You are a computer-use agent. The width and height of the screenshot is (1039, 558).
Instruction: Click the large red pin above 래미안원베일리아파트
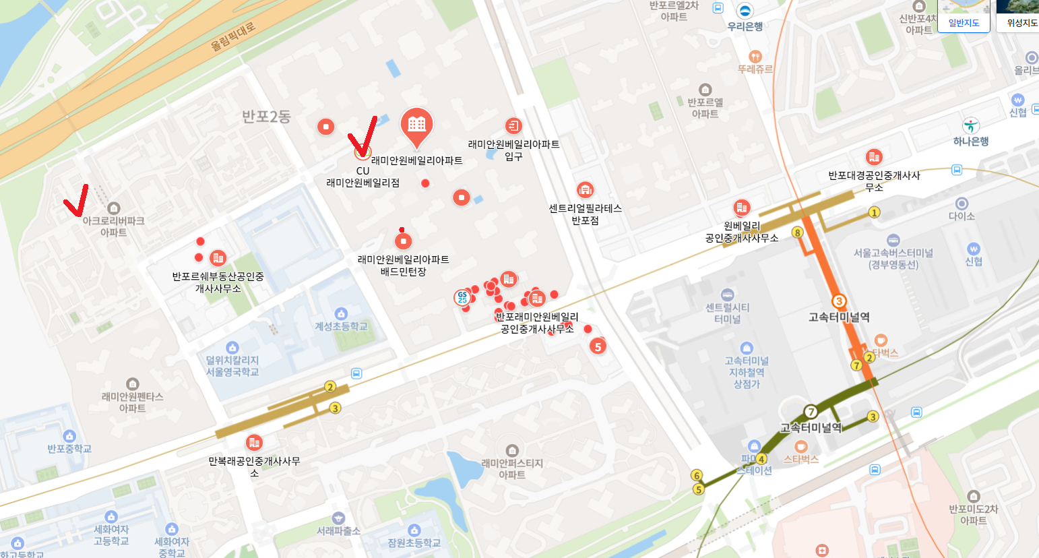click(416, 125)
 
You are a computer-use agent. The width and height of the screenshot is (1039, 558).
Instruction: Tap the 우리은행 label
click(745, 27)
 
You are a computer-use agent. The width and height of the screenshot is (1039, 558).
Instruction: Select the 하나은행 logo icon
click(971, 125)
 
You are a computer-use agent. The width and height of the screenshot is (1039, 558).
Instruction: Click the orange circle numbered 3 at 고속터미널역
click(839, 301)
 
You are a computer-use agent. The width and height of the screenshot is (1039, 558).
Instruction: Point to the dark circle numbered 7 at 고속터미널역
click(811, 411)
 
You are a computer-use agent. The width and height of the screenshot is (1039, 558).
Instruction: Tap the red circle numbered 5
click(598, 347)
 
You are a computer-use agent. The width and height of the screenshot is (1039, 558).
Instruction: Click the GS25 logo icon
click(462, 297)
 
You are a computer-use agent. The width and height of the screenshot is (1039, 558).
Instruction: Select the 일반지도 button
click(964, 23)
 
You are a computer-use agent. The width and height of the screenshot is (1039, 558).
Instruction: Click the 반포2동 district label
click(266, 117)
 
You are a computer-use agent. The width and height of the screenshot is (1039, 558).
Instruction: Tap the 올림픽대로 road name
click(233, 36)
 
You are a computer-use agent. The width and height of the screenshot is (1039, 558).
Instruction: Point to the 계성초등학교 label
click(342, 327)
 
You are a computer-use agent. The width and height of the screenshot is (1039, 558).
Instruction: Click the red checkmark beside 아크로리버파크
click(75, 200)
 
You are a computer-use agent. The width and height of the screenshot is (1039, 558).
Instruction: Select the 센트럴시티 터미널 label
click(727, 313)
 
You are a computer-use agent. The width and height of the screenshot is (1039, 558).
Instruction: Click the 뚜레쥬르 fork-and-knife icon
click(755, 57)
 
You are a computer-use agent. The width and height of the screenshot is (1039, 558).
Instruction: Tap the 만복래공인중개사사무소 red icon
click(254, 443)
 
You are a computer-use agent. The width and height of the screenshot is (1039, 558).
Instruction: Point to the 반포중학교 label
click(69, 449)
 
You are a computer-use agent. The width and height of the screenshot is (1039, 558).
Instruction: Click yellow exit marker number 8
click(797, 232)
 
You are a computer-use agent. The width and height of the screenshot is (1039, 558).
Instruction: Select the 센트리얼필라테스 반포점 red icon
click(585, 189)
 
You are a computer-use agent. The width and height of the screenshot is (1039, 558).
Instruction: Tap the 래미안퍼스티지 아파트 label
click(512, 469)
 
